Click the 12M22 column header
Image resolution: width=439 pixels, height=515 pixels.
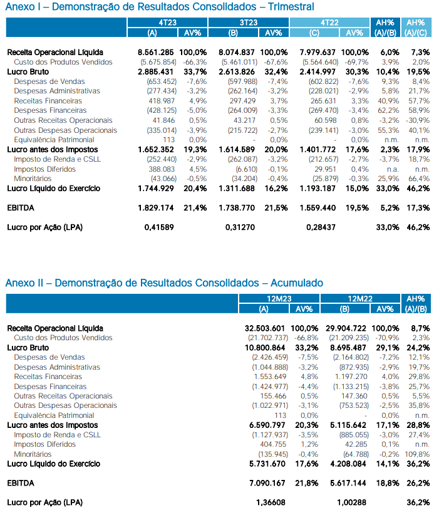[x=359, y=299]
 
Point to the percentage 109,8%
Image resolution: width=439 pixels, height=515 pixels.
[x=416, y=454]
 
